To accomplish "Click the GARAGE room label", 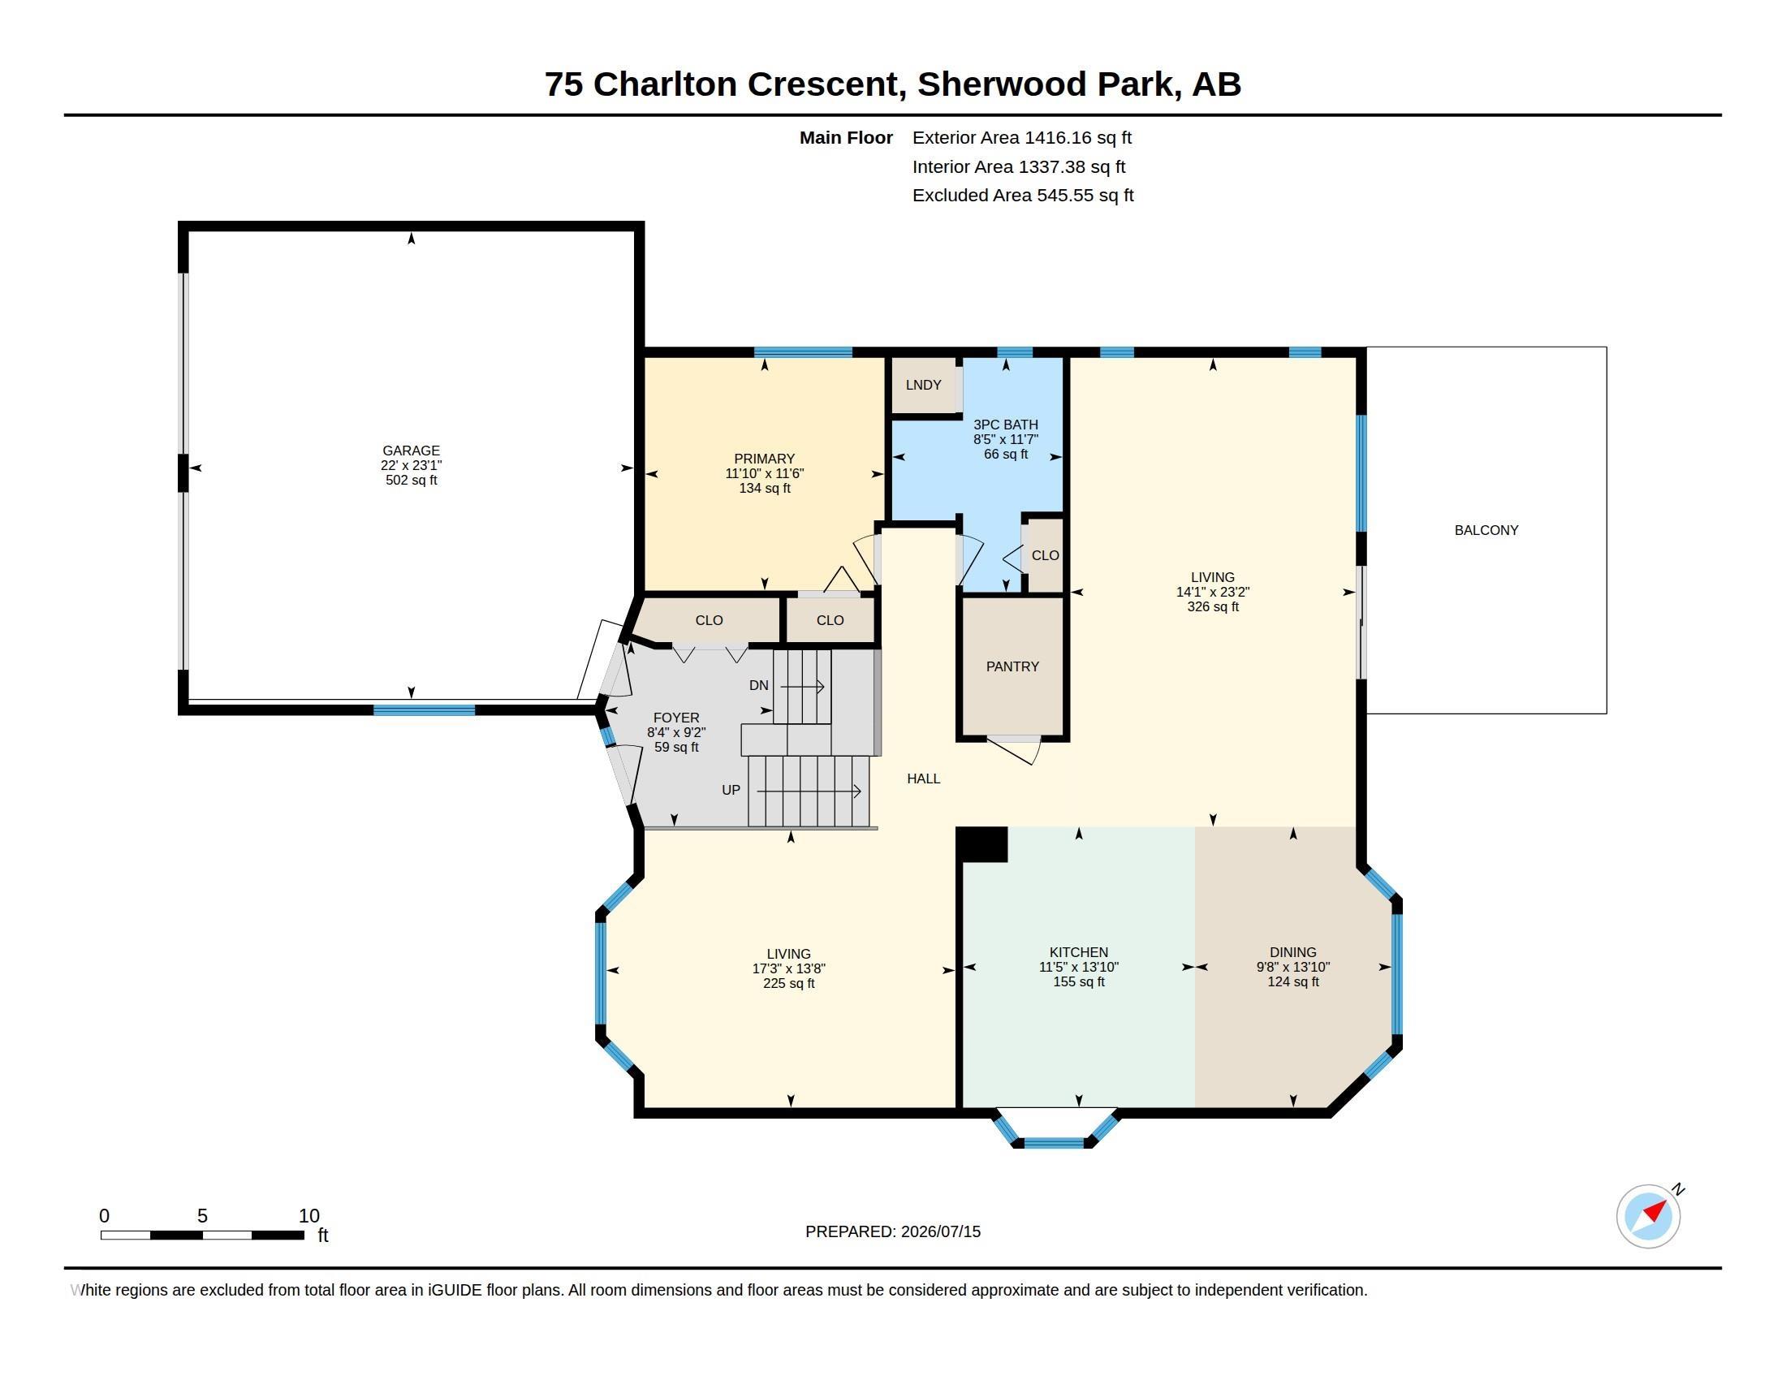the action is pyautogui.click(x=411, y=451).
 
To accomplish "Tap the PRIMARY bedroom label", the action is pyautogui.click(x=764, y=459).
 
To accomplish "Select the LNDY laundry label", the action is pyautogui.click(x=923, y=385).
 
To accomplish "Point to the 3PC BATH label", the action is pyautogui.click(x=1005, y=425).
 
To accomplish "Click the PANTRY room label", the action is pyautogui.click(x=1012, y=666).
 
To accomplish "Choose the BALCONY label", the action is pyautogui.click(x=1486, y=530).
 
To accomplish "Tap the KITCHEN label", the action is pyautogui.click(x=1079, y=951).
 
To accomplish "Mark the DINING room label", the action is pyautogui.click(x=1293, y=951).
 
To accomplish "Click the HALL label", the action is pyautogui.click(x=923, y=778).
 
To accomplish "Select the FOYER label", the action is pyautogui.click(x=676, y=718).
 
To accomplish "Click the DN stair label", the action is pyautogui.click(x=759, y=685).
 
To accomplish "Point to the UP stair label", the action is pyautogui.click(x=731, y=790).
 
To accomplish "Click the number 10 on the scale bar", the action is pyautogui.click(x=309, y=1216).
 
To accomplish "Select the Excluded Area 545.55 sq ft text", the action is pyautogui.click(x=1023, y=196).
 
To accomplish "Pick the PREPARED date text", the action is pyautogui.click(x=893, y=1231).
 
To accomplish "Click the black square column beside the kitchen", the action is pyautogui.click(x=981, y=843).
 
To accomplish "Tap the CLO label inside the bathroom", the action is pyautogui.click(x=1045, y=555).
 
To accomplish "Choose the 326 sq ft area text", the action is pyautogui.click(x=1213, y=606).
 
